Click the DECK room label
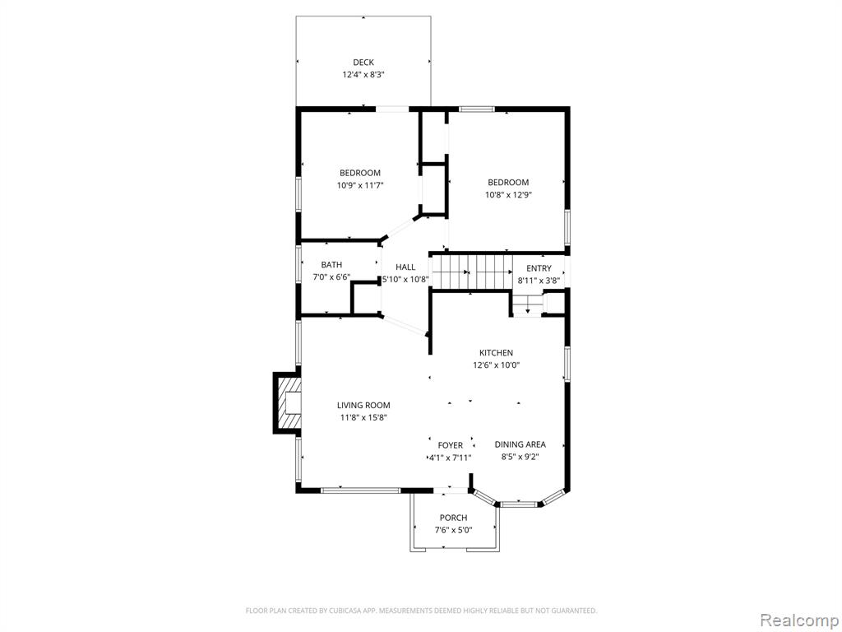[363, 63]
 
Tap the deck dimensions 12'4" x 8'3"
[363, 75]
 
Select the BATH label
[331, 264]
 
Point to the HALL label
[405, 267]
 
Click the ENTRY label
[539, 268]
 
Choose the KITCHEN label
[496, 352]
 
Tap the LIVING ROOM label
[363, 405]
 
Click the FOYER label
[450, 445]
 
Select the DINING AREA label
[520, 444]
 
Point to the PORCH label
[453, 518]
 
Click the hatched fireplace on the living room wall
[287, 402]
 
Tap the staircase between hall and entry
[471, 272]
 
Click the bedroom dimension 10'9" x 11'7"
[360, 185]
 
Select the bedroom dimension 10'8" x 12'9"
[508, 194]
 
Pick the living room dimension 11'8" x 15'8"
[363, 417]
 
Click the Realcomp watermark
[798, 620]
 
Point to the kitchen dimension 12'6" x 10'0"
[496, 365]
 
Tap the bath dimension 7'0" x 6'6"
[331, 276]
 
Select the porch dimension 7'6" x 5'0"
[453, 530]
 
